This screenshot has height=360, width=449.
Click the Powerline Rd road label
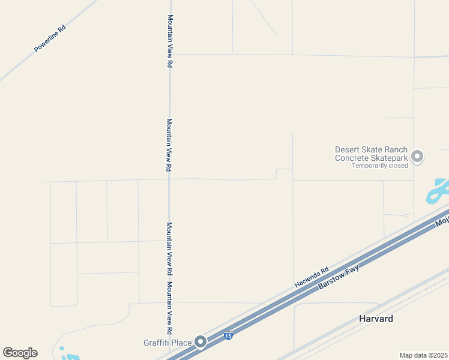[49, 38]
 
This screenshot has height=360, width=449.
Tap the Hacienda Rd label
[312, 277]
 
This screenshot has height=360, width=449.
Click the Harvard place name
[376, 319]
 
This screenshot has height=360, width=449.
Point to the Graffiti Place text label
[167, 343]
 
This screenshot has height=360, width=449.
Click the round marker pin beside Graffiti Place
[201, 343]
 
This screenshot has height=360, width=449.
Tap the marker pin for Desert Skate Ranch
[418, 157]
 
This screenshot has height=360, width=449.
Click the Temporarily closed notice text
[379, 166]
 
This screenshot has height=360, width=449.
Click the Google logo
[20, 353]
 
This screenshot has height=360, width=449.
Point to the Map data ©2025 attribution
[424, 355]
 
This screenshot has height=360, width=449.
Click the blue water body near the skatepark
[437, 191]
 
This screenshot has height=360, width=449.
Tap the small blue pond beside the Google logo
[70, 357]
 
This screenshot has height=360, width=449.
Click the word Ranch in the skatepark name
[396, 150]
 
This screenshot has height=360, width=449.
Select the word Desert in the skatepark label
[348, 150]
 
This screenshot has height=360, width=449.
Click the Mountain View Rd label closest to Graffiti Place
[170, 308]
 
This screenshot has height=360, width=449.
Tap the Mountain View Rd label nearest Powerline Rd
[170, 41]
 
